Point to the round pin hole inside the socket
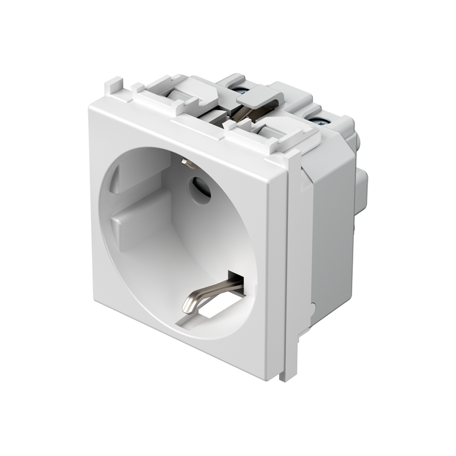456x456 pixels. (x=200, y=190)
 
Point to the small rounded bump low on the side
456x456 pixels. (x=314, y=310)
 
